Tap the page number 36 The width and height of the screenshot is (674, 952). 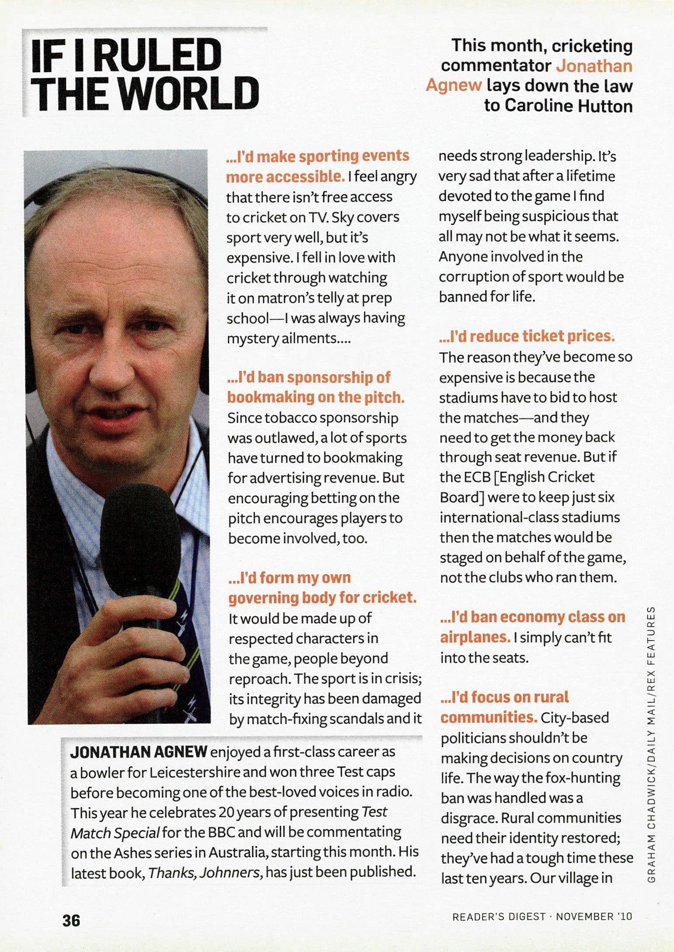tap(71, 920)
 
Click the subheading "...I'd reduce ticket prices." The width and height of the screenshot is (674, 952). tap(526, 336)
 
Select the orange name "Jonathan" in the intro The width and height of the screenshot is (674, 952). tap(594, 66)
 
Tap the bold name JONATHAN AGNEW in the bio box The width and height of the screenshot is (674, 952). tap(139, 752)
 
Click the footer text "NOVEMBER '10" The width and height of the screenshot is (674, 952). tap(594, 916)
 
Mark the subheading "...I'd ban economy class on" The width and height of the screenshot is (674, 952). tap(533, 617)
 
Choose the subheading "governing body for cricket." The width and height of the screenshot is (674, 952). tap(322, 597)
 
